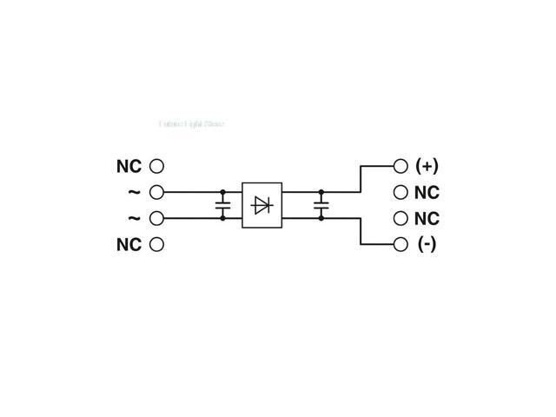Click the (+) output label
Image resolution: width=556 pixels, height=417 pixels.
coord(427,166)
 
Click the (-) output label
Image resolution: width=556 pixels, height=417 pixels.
coord(427,244)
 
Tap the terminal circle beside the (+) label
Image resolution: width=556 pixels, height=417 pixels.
coord(400,166)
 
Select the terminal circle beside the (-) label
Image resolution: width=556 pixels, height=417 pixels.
coord(400,244)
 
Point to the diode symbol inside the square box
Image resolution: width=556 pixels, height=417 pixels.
coord(261,205)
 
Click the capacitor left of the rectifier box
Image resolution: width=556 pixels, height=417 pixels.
coord(222,205)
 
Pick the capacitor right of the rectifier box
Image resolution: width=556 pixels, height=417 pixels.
coord(321,205)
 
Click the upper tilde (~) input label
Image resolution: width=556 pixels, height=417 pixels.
coord(134,192)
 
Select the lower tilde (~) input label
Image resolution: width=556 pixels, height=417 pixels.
coord(134,218)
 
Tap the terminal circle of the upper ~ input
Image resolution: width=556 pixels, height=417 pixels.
coord(156,192)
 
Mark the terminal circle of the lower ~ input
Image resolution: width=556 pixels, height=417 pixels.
coord(156,218)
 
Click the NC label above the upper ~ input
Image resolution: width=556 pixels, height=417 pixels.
coord(129,166)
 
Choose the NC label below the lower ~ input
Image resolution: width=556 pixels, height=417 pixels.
coord(129,244)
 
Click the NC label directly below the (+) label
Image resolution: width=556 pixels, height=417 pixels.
coord(427,192)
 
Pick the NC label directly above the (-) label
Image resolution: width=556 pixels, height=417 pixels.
coord(427,218)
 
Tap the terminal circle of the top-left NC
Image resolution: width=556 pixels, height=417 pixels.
coord(156,166)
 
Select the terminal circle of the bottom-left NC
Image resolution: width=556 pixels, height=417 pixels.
coord(156,244)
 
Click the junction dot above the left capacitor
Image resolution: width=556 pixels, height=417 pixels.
coord(222,192)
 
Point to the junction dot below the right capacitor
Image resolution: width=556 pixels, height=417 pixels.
coord(321,218)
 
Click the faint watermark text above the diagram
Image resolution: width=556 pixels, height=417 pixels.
coord(191,124)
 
